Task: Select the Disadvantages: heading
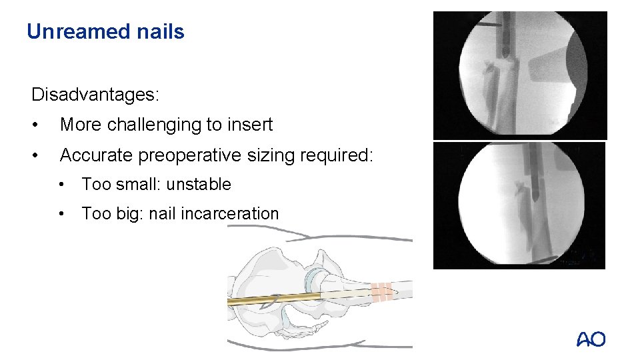pyautogui.click(x=95, y=95)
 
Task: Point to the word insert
pyautogui.click(x=251, y=125)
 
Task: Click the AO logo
pyautogui.click(x=591, y=339)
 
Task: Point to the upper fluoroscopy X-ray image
pyautogui.click(x=520, y=75)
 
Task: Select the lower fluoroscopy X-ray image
pyautogui.click(x=519, y=205)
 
